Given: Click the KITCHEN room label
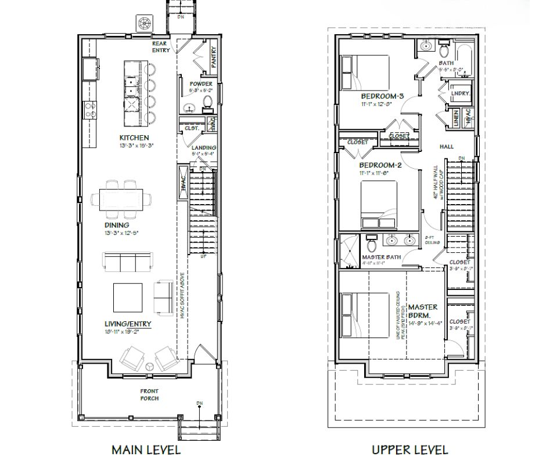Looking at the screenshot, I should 134,137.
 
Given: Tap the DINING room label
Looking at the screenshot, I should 117,225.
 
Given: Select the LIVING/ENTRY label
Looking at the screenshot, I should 128,324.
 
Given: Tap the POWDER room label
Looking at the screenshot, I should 201,84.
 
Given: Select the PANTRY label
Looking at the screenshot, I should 213,57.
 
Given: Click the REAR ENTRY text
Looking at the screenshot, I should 161,46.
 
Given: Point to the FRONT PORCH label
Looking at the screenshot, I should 149,394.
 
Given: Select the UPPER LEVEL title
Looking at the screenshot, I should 410,449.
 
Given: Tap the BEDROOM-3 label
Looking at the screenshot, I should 382,96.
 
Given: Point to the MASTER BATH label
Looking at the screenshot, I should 382,256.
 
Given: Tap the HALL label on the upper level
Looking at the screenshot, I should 446,147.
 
